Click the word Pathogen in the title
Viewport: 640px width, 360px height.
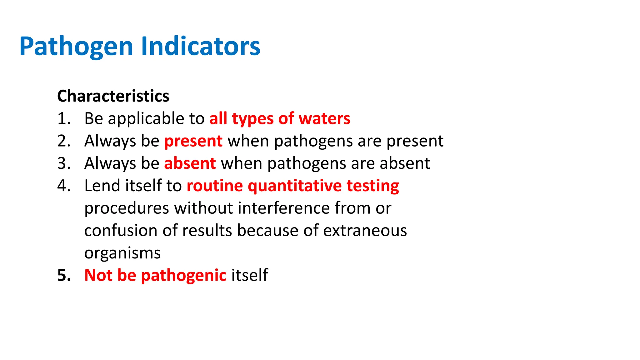coord(76,47)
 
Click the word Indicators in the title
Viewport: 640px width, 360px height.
coord(201,46)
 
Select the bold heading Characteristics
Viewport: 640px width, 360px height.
coord(113,96)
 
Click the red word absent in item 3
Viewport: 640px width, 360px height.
coord(190,163)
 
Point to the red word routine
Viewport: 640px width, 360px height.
coord(215,186)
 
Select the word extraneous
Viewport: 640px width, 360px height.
coord(365,231)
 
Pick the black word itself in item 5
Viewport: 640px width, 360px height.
coord(249,275)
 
